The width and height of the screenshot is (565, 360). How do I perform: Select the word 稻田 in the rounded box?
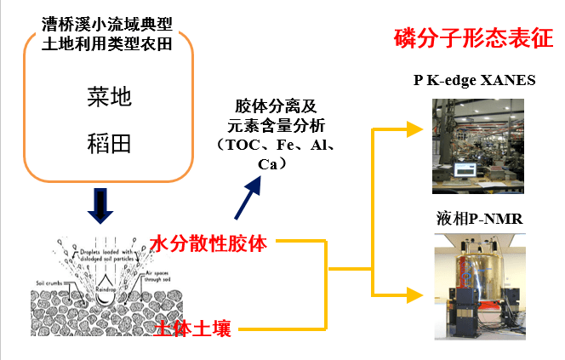109,141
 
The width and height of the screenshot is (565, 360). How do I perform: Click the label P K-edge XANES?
474,81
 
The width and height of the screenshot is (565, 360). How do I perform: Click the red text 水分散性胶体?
209,244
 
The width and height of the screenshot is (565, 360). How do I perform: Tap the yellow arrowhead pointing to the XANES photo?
414,129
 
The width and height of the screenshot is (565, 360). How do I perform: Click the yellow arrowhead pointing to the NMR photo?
414,294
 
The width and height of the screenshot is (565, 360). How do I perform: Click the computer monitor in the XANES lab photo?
466,166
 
